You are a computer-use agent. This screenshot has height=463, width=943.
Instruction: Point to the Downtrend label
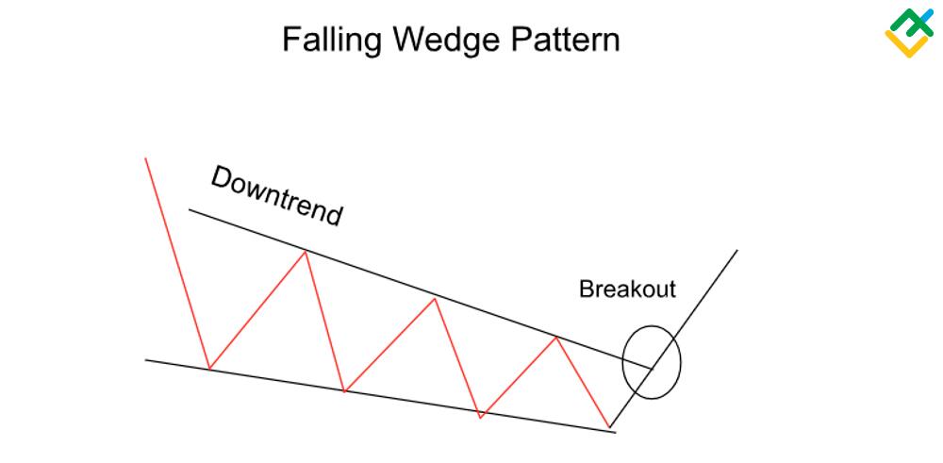pos(275,196)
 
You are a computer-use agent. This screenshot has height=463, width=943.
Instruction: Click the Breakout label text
pos(627,289)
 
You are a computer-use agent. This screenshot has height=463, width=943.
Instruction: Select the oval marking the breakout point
pos(651,363)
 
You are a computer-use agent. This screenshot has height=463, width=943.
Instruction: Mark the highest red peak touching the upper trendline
pos(305,251)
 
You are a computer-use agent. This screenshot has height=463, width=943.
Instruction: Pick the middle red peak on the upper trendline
pos(434,299)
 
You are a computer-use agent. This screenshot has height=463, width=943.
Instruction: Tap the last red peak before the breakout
pos(557,338)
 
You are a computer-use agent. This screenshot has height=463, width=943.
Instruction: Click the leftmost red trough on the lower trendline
pos(208,368)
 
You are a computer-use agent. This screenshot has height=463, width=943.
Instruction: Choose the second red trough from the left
pos(345,390)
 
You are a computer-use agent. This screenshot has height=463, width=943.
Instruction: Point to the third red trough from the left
pos(481,415)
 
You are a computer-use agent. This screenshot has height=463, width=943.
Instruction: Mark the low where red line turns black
pos(610,425)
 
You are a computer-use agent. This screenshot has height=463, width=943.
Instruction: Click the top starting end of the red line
pos(146,158)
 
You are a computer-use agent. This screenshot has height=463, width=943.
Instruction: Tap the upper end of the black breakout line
pos(736,251)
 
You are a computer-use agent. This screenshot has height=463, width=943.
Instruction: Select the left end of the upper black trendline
pos(190,209)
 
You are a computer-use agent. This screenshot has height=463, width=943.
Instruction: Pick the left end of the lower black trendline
pos(146,359)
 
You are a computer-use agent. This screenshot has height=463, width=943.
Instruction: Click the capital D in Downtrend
pos(223,177)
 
